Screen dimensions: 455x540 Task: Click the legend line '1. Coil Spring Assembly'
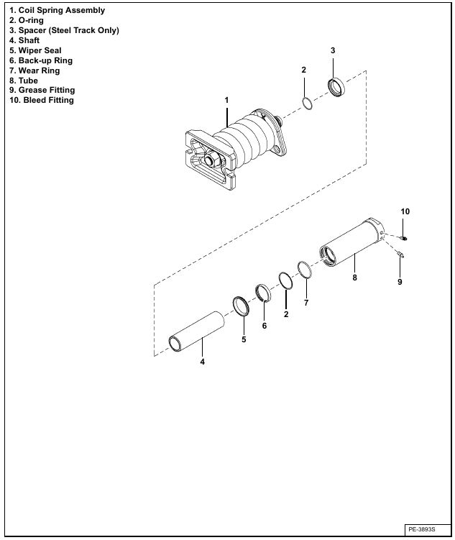point(57,10)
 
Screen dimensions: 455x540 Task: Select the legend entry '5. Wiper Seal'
point(35,50)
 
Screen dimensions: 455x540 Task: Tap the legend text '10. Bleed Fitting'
point(42,100)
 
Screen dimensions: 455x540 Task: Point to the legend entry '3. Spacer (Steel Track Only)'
point(65,30)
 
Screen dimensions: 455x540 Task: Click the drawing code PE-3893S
point(422,529)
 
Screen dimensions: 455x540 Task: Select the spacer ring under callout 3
point(336,88)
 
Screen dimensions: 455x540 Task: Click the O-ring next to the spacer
point(308,104)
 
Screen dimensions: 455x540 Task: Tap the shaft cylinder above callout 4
point(196,331)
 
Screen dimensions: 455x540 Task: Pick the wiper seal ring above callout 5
point(241,306)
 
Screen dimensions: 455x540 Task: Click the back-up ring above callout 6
point(263,293)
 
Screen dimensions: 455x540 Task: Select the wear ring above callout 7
point(305,270)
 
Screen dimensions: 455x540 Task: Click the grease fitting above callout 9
point(400,255)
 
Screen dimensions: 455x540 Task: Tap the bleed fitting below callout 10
point(404,238)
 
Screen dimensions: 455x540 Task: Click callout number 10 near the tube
point(405,211)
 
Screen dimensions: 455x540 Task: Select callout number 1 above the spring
point(226,100)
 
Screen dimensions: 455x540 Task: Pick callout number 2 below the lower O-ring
point(286,314)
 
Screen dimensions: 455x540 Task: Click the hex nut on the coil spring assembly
point(210,160)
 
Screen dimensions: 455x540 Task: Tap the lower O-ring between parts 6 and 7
point(285,280)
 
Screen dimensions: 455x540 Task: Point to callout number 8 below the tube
point(355,278)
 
